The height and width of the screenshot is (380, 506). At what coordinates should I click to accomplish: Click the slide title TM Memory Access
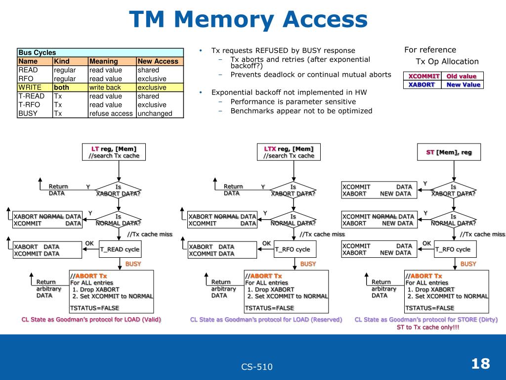click(248, 21)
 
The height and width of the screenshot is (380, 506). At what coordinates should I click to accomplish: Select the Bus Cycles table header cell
click(100, 52)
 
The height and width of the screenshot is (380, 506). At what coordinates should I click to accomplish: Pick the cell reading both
click(62, 88)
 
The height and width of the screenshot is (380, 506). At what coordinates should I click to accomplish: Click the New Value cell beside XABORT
click(463, 85)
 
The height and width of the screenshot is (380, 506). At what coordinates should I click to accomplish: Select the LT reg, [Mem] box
click(114, 152)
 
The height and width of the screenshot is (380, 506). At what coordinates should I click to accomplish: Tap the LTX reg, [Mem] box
click(289, 152)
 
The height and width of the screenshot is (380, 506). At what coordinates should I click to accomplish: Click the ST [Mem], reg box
click(449, 152)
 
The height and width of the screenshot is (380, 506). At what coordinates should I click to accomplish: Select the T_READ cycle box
click(120, 249)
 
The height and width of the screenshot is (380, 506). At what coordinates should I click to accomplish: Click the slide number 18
click(480, 364)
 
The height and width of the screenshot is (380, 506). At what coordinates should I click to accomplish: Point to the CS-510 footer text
click(257, 367)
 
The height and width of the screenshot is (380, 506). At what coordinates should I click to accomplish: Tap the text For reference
click(430, 50)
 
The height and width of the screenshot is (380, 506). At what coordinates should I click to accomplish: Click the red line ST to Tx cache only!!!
click(428, 328)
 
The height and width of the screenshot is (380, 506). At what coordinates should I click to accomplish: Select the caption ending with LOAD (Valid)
click(91, 320)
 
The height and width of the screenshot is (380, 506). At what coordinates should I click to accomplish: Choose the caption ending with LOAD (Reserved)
click(266, 320)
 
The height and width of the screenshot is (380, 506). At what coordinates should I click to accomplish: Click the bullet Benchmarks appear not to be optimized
click(301, 111)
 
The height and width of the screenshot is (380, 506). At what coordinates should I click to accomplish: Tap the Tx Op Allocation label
click(447, 62)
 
